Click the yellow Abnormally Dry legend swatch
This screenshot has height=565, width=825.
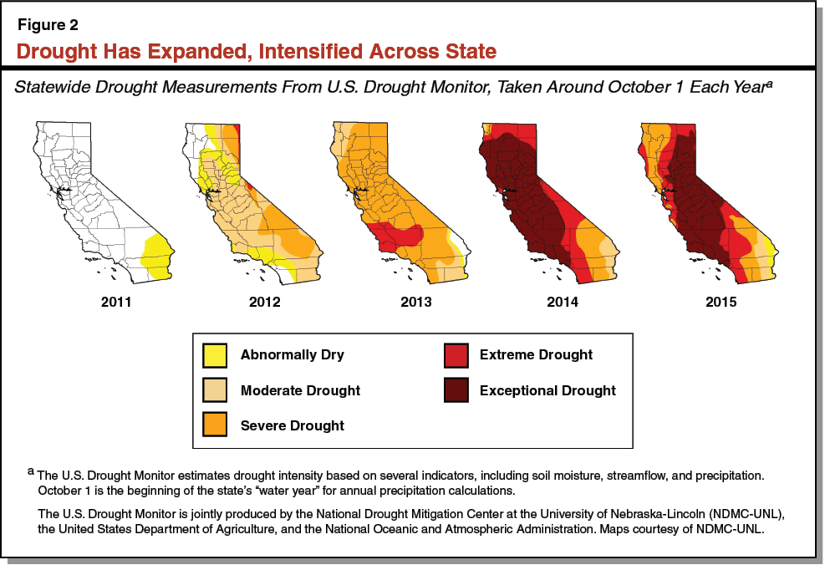tap(216, 355)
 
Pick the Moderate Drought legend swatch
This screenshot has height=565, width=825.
tap(216, 390)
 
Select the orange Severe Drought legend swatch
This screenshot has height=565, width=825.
tap(216, 426)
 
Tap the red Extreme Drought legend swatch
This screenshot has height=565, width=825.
tap(455, 355)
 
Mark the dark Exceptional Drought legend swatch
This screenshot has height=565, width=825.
tap(455, 390)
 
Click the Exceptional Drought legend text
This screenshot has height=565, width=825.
tap(547, 390)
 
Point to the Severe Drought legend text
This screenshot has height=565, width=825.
tap(293, 425)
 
